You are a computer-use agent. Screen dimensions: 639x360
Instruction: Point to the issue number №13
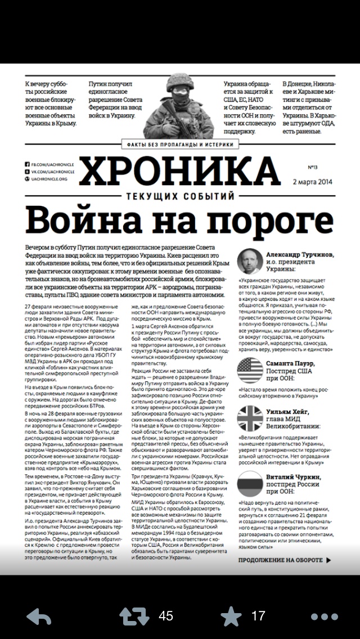(313, 167)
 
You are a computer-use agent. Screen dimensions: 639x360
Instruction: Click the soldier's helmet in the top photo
(180, 84)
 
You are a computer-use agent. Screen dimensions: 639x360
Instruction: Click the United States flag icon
(250, 370)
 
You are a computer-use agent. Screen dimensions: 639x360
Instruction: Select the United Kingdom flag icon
(250, 418)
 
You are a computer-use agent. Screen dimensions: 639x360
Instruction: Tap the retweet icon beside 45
(134, 616)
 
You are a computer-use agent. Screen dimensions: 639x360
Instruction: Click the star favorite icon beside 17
(231, 616)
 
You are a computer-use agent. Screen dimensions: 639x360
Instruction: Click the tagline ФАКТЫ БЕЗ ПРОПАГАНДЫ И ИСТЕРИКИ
(179, 143)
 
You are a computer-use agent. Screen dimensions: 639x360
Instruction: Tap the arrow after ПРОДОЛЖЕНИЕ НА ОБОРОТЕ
(328, 560)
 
